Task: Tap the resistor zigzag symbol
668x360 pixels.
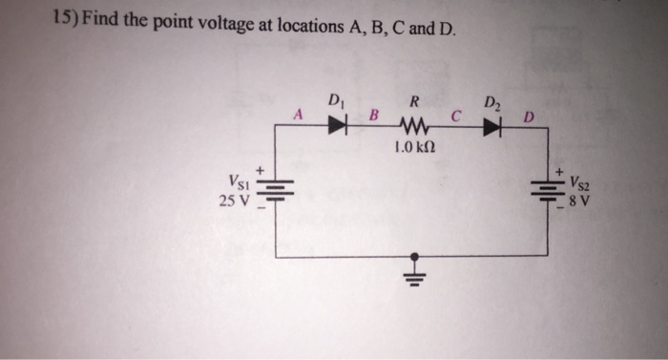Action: (415, 123)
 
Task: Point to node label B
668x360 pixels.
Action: (374, 116)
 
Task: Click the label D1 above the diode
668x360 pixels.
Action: (335, 98)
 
